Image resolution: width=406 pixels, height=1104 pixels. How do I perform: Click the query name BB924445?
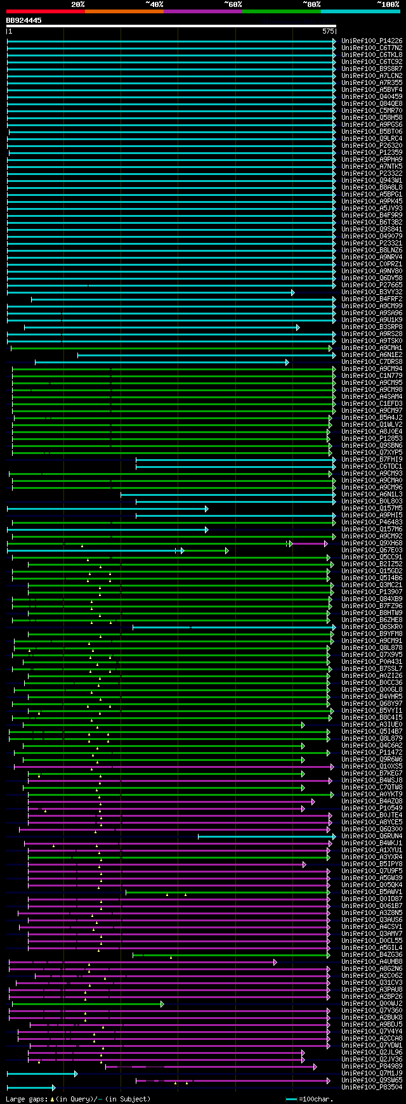pyautogui.click(x=24, y=20)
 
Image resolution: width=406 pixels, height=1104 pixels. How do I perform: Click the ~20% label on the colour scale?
pyautogui.click(x=77, y=4)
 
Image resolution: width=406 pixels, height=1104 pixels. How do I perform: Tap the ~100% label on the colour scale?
pyautogui.click(x=388, y=4)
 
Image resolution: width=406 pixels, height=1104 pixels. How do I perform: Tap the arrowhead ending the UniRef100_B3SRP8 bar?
pyautogui.click(x=297, y=327)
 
